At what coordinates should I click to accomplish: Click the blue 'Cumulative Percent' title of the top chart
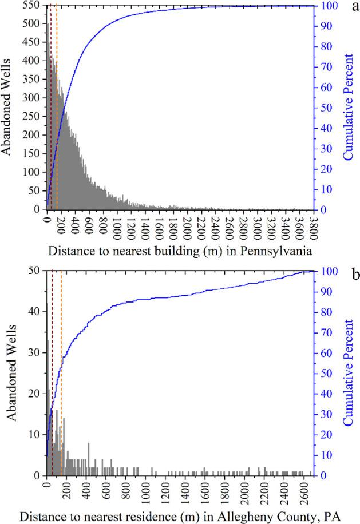[347, 108]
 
